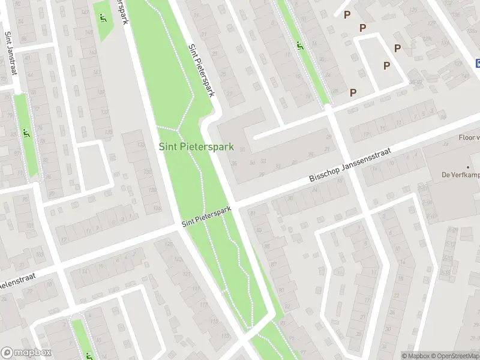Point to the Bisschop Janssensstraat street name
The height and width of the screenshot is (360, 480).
click(350, 165)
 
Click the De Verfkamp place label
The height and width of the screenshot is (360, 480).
click(460, 175)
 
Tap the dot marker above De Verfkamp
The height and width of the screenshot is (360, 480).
click(468, 167)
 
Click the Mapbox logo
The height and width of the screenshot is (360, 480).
click(26, 353)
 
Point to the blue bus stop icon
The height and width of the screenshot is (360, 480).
click(478, 63)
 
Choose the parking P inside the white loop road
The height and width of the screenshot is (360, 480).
click(387, 65)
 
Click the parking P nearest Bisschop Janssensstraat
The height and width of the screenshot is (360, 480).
click(353, 92)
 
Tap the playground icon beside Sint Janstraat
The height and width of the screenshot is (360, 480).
click(25, 133)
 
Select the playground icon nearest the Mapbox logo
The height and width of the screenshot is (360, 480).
click(89, 355)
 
